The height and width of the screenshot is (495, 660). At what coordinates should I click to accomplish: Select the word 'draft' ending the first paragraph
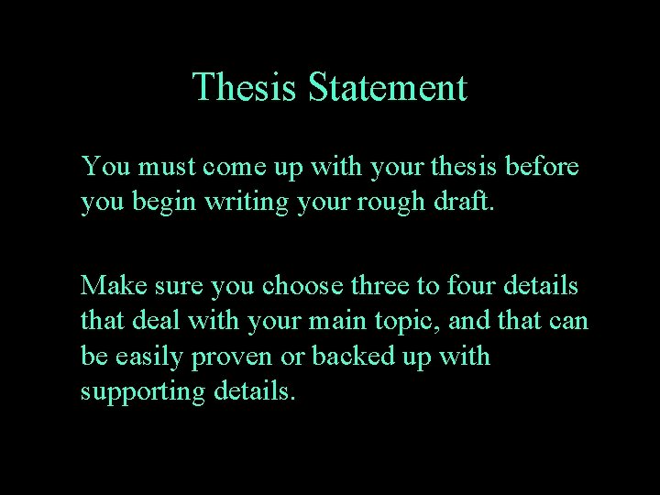point(463,202)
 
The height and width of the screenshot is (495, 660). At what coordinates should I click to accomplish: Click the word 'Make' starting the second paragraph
point(109,286)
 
